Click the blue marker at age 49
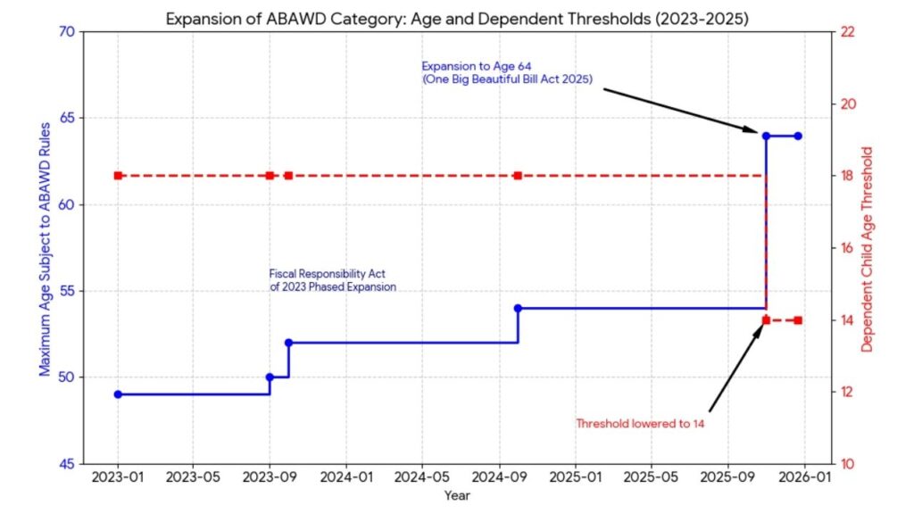coord(118,394)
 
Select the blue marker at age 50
coord(270,377)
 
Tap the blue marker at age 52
coord(288,343)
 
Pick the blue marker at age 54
coord(518,308)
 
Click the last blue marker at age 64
coord(797,136)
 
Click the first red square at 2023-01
coord(118,176)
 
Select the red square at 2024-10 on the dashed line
coord(518,176)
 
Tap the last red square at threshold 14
coord(797,320)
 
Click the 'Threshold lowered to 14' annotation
coord(640,423)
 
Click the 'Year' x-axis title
coord(457,495)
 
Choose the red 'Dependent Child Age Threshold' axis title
coord(867,248)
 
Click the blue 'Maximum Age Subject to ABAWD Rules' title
coord(44,248)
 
